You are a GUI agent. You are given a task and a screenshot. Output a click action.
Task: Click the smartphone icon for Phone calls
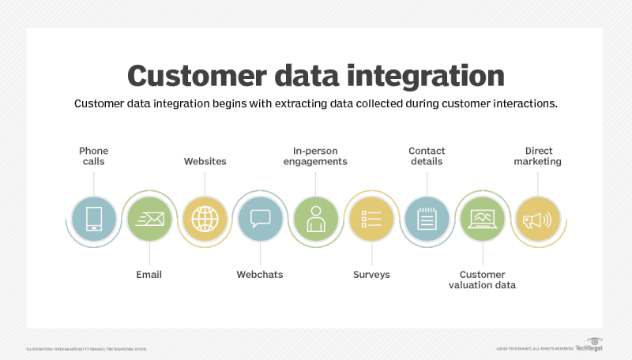pos(94,218)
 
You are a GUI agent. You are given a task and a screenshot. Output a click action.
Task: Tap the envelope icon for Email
pos(149,218)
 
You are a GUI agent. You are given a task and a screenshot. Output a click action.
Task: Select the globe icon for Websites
pos(205,218)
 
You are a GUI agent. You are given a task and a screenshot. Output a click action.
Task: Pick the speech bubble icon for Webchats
pos(260,218)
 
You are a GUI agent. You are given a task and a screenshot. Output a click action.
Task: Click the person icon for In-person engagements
pos(316,218)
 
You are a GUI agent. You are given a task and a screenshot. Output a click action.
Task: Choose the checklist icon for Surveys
pos(371,218)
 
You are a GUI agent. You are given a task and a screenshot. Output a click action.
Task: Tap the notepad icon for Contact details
pos(427,218)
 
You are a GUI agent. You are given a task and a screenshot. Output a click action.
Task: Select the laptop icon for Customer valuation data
pos(482,218)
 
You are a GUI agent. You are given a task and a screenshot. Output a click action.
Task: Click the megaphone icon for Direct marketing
pos(538,218)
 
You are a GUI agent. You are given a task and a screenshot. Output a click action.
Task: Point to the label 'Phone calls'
pos(94,156)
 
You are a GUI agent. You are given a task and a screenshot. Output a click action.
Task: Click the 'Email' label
pos(149,274)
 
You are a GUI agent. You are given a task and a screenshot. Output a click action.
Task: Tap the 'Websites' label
pos(205,161)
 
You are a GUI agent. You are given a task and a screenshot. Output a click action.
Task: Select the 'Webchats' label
pos(260,274)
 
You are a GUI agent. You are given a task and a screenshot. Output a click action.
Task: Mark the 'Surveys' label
pos(371,274)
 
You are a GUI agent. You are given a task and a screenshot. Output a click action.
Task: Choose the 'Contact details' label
pos(427,156)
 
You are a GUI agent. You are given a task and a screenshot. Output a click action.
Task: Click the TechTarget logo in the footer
pos(589,347)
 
